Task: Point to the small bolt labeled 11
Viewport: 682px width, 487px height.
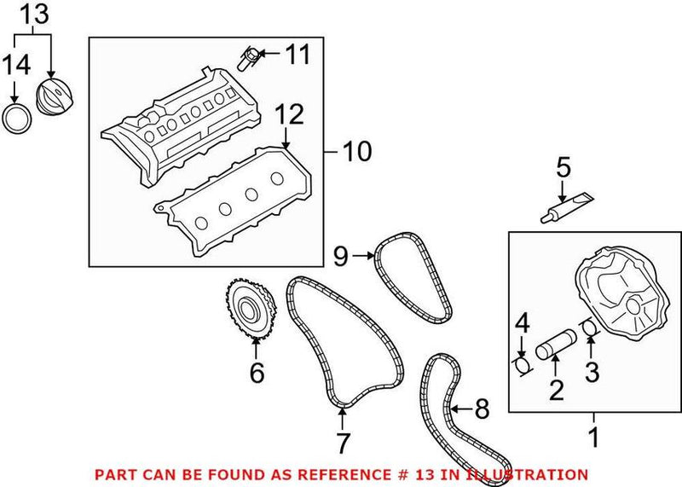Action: (249, 59)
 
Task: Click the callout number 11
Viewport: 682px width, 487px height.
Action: (298, 56)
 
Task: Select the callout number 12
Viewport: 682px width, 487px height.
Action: (289, 114)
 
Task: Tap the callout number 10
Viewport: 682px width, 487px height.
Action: (356, 152)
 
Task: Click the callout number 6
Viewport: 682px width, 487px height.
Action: (257, 373)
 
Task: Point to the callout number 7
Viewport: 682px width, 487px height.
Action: (342, 443)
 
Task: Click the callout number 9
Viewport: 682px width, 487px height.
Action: (341, 253)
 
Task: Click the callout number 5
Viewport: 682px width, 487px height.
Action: (562, 167)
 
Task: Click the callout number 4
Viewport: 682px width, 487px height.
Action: (523, 324)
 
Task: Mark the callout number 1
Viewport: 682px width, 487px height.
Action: (593, 439)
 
